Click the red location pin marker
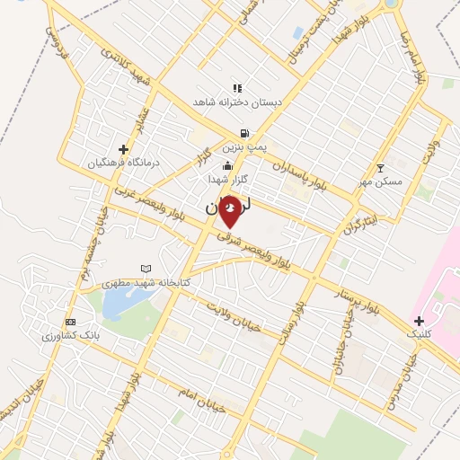point(232,210)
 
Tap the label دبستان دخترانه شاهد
point(237,103)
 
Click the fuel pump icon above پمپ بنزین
point(244,133)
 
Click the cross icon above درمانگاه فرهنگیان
point(124,149)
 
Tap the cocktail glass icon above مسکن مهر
point(380,168)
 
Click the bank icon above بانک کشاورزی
point(71,323)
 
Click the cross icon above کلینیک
point(419,320)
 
